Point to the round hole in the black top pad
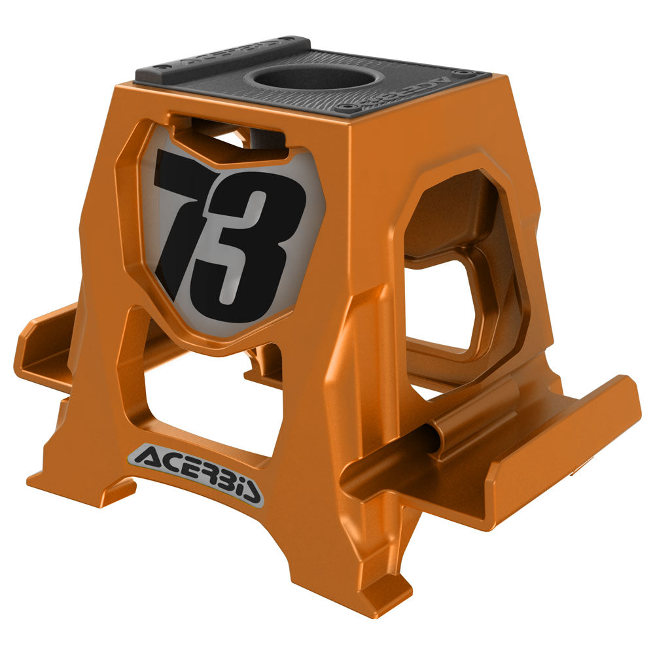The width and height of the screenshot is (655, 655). (x=313, y=79)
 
